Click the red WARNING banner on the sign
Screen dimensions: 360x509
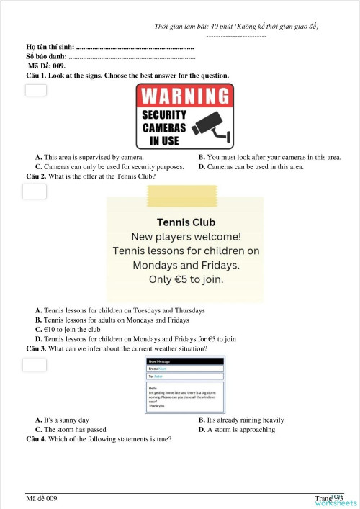(x=185, y=96)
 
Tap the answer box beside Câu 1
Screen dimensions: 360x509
(x=35, y=90)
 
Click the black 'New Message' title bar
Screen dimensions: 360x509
(x=185, y=360)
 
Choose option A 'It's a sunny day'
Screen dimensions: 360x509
(x=66, y=420)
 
